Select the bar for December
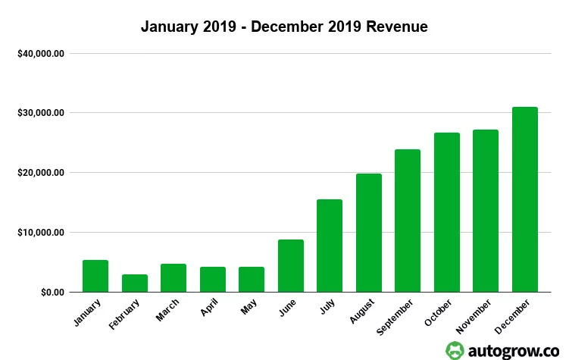(x=524, y=199)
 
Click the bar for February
(x=135, y=283)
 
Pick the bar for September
(x=408, y=221)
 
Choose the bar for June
(x=291, y=265)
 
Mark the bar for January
(x=95, y=276)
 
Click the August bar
(x=369, y=233)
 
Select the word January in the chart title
(x=170, y=27)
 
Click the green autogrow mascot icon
(x=455, y=349)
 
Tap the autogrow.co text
(x=513, y=349)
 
